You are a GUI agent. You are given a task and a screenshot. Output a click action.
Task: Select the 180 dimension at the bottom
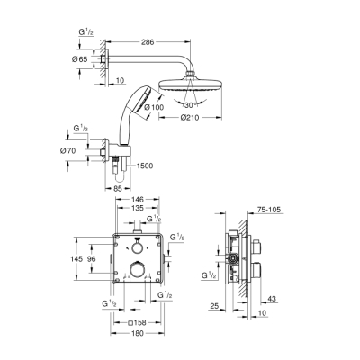tap(139, 335)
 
